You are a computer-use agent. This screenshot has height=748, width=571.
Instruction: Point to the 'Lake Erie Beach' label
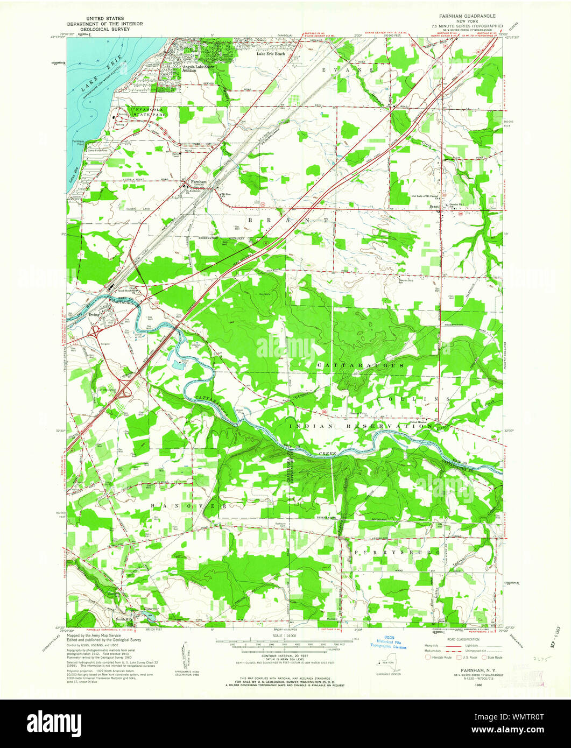271,54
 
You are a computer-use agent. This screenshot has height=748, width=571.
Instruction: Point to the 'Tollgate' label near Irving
105,342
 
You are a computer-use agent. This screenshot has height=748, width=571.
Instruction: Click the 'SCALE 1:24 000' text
285,636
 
